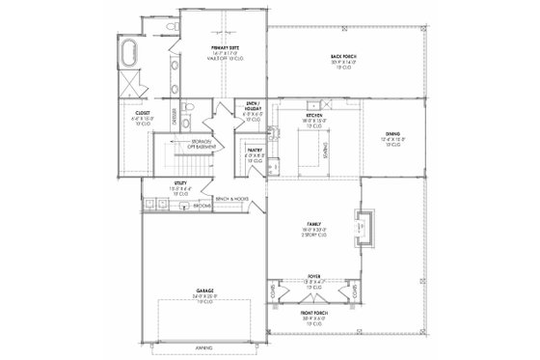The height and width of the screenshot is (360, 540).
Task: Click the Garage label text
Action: pyautogui.click(x=203, y=292)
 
